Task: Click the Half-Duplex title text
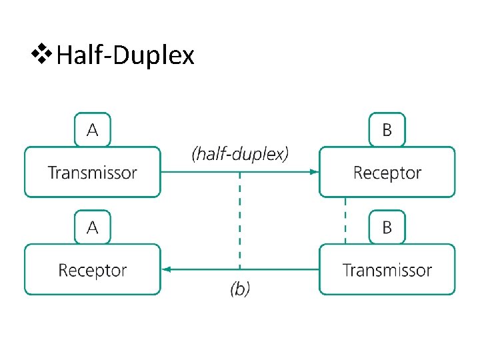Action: click(126, 55)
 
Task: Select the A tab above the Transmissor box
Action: click(93, 130)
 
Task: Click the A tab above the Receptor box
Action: click(93, 227)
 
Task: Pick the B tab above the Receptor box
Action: click(387, 130)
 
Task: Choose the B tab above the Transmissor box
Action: click(387, 227)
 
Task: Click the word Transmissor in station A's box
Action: click(93, 173)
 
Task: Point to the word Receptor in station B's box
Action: click(387, 173)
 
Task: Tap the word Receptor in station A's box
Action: click(93, 270)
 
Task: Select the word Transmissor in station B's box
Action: click(387, 270)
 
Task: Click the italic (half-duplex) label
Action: click(240, 154)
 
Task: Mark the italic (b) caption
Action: click(240, 289)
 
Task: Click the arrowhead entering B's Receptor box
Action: click(314, 172)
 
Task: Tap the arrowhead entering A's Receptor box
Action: click(167, 269)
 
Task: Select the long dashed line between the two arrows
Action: click(240, 220)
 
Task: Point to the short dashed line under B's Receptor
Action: click(345, 220)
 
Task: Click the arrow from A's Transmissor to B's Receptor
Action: click(200, 172)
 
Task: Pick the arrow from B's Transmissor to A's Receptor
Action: click(280, 269)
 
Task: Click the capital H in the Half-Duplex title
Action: click(65, 55)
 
